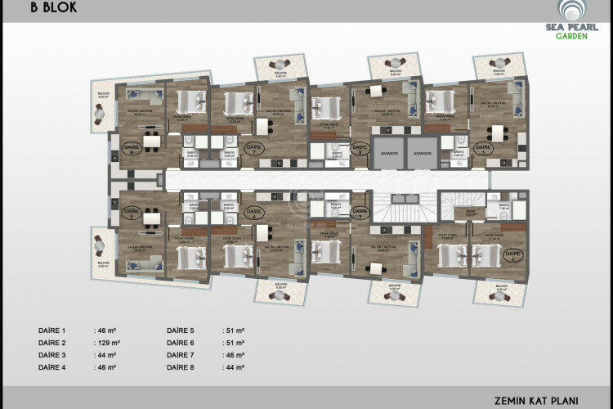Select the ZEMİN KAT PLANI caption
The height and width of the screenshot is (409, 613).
click(535, 401)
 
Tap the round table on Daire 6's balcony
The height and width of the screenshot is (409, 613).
click(104, 117)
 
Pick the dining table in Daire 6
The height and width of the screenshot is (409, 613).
click(150, 142)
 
